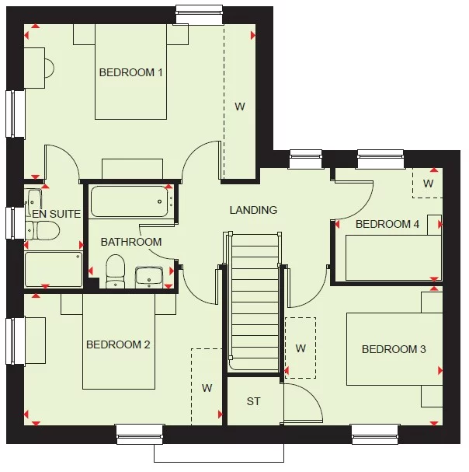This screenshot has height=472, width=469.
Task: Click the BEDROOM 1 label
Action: click(130, 72)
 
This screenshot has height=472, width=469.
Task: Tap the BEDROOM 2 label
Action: click(118, 344)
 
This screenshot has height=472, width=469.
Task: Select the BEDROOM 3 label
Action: click(394, 349)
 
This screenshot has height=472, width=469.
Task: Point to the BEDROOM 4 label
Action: click(387, 224)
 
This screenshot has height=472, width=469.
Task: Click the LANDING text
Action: click(253, 210)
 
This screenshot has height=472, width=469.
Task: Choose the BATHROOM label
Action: click(131, 242)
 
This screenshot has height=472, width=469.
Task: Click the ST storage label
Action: click(253, 401)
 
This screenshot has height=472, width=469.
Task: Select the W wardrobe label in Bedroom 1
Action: click(240, 107)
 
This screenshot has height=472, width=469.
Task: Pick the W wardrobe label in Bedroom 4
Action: click(428, 184)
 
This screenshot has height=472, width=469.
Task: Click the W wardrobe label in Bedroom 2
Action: click(207, 387)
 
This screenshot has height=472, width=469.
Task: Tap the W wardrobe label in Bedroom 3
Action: click(301, 347)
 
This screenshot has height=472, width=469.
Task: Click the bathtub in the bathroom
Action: click(129, 201)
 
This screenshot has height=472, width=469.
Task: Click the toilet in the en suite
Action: click(43, 230)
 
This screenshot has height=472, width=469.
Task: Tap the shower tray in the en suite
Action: click(53, 269)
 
